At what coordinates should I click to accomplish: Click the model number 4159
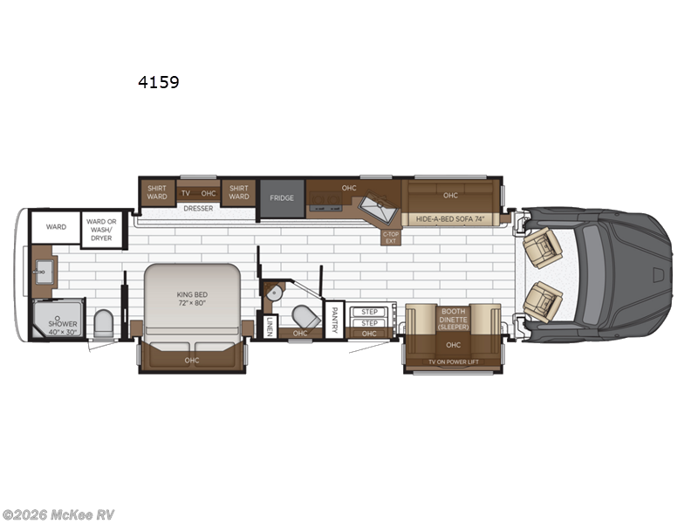[x=158, y=83]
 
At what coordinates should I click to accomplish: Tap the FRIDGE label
[x=281, y=198]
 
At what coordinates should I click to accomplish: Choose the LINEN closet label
[x=270, y=325]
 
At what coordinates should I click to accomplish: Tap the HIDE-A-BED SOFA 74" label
[x=449, y=219]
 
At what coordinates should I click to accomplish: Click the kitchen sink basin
[x=380, y=205]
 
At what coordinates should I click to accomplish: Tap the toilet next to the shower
[x=102, y=323]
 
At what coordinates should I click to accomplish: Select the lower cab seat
[x=543, y=301]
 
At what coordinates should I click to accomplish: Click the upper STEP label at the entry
[x=369, y=312]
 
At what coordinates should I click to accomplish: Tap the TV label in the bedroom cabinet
[x=185, y=193]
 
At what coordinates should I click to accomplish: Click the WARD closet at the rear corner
[x=56, y=227]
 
